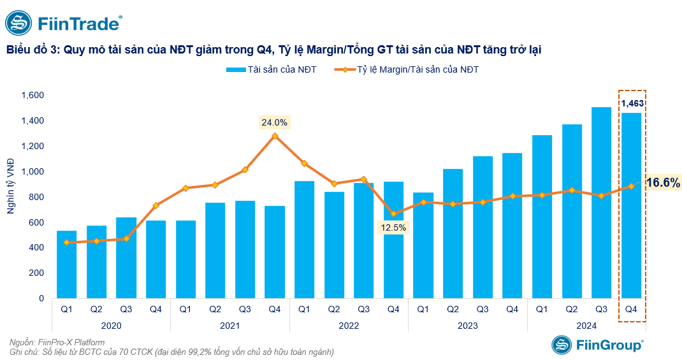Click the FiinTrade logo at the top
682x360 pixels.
point(64,24)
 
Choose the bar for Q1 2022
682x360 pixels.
point(305,240)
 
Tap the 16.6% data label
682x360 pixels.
point(663,183)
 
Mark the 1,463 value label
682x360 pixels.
point(632,103)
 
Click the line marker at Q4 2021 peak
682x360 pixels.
point(275,136)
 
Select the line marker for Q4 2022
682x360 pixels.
point(393,214)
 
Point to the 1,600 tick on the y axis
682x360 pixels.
point(33,96)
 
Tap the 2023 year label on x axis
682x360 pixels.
point(468,326)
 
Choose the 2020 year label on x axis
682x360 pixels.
point(111,326)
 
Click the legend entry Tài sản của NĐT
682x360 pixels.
point(272,69)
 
